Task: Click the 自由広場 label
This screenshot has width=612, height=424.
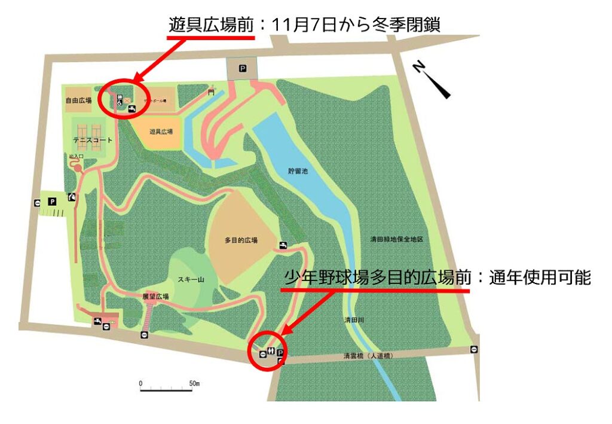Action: point(78,101)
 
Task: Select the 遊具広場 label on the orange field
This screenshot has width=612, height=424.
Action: point(161,132)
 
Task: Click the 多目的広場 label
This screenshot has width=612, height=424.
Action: point(241,240)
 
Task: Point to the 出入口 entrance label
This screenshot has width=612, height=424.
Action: point(76,156)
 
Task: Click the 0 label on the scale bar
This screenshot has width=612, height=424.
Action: point(140,383)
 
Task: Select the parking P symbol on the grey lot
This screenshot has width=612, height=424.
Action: point(242,69)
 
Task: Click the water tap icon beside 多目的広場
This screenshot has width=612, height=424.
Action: point(283,245)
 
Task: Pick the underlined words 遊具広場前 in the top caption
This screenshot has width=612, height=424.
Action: point(211,25)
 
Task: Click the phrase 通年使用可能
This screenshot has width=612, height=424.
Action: point(538,277)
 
